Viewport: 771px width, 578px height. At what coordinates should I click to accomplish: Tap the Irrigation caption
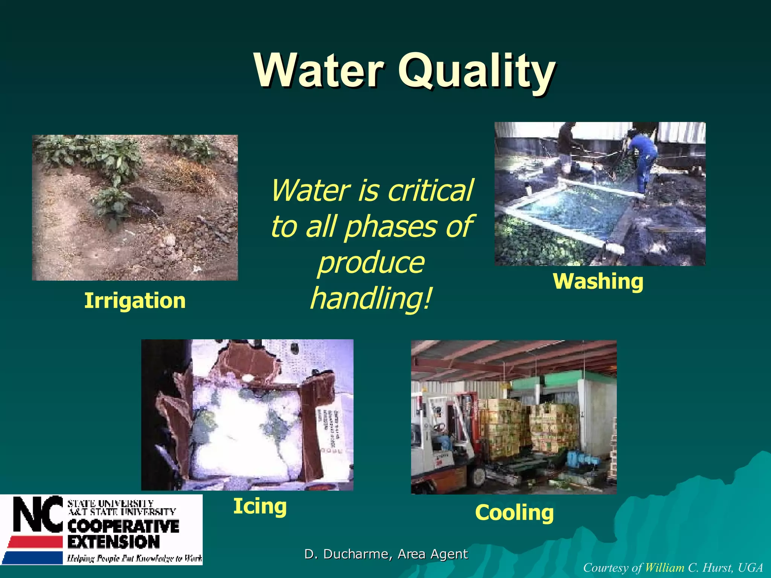135,301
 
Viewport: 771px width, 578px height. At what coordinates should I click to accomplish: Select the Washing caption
598,281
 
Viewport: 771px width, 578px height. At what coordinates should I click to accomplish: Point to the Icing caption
260,506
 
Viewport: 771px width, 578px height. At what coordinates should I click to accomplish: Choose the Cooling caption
514,513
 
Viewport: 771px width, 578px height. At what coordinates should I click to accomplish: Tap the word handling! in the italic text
371,298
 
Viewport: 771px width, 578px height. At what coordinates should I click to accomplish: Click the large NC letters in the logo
38,514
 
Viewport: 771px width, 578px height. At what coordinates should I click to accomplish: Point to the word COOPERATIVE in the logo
123,526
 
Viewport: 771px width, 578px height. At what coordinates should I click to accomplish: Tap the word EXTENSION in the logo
114,542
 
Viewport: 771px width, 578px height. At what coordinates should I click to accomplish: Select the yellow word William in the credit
664,568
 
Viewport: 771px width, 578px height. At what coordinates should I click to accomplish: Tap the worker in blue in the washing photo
645,158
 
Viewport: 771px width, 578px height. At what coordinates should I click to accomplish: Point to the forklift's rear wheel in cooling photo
478,476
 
